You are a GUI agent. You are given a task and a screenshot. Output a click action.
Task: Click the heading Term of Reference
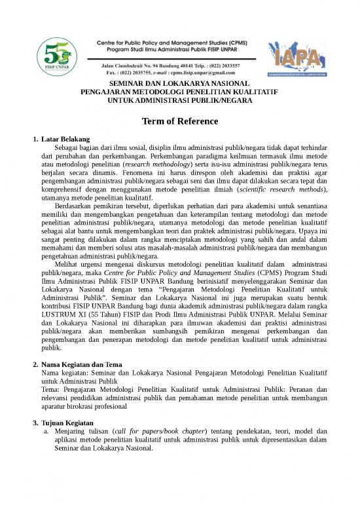point(180,123)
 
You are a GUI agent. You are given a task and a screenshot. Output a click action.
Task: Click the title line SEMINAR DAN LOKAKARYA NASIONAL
point(180,85)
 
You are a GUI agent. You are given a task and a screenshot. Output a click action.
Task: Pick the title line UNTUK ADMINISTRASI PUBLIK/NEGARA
point(180,102)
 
